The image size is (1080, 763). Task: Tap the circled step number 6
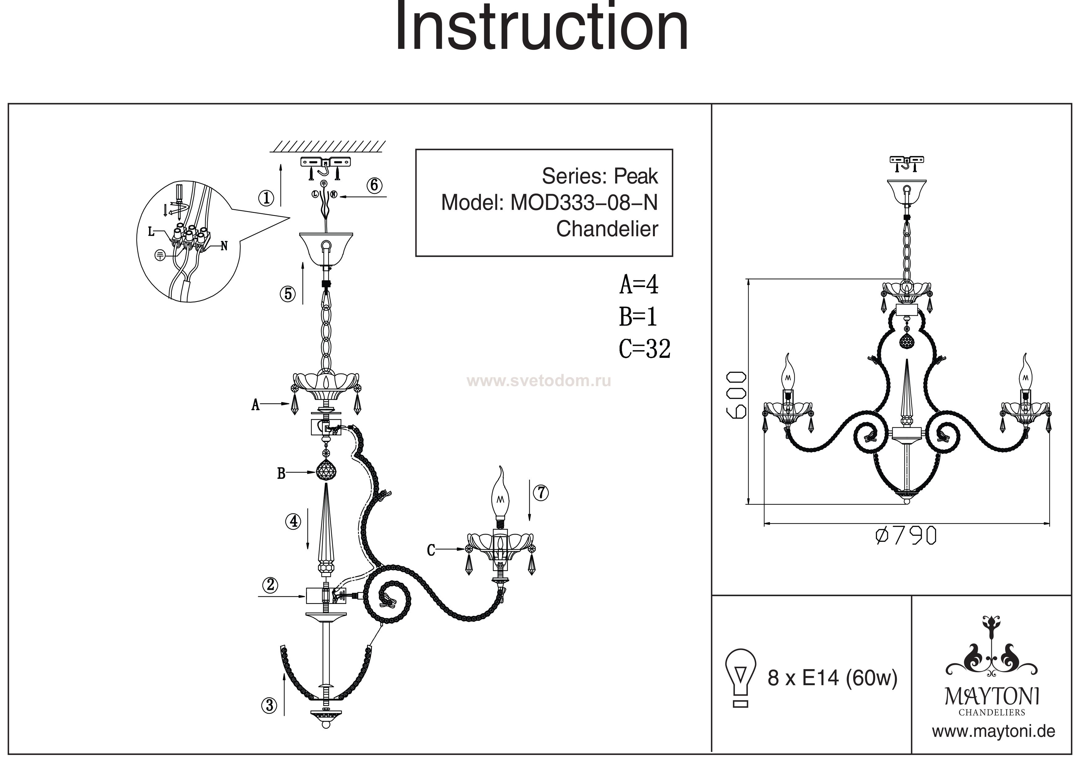click(x=374, y=185)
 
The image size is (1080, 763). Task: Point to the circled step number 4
click(x=293, y=521)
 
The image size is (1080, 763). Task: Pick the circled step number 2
click(x=270, y=585)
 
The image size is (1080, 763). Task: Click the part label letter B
click(x=281, y=473)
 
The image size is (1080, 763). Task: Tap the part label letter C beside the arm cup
click(x=431, y=550)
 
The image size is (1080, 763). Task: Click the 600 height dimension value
click(x=736, y=395)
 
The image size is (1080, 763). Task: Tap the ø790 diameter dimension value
click(x=905, y=536)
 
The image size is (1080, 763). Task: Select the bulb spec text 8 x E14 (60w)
click(x=832, y=678)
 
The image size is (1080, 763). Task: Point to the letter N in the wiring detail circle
click(x=224, y=246)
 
